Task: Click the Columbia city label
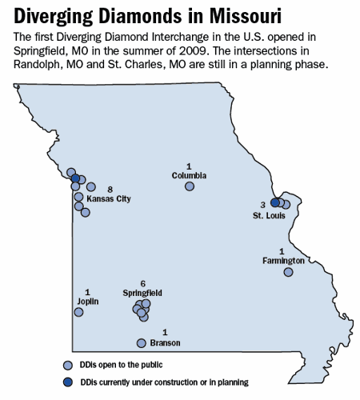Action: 190,175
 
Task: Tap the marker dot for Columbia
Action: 190,186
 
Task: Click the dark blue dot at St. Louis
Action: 275,203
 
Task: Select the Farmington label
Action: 283,261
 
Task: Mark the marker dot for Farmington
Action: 289,272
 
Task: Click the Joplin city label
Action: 87,302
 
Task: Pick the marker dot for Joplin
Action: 78,312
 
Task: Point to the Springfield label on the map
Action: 142,294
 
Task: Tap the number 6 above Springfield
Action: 142,284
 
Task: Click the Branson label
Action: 165,342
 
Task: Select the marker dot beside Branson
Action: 142,343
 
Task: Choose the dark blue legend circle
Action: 67,382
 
